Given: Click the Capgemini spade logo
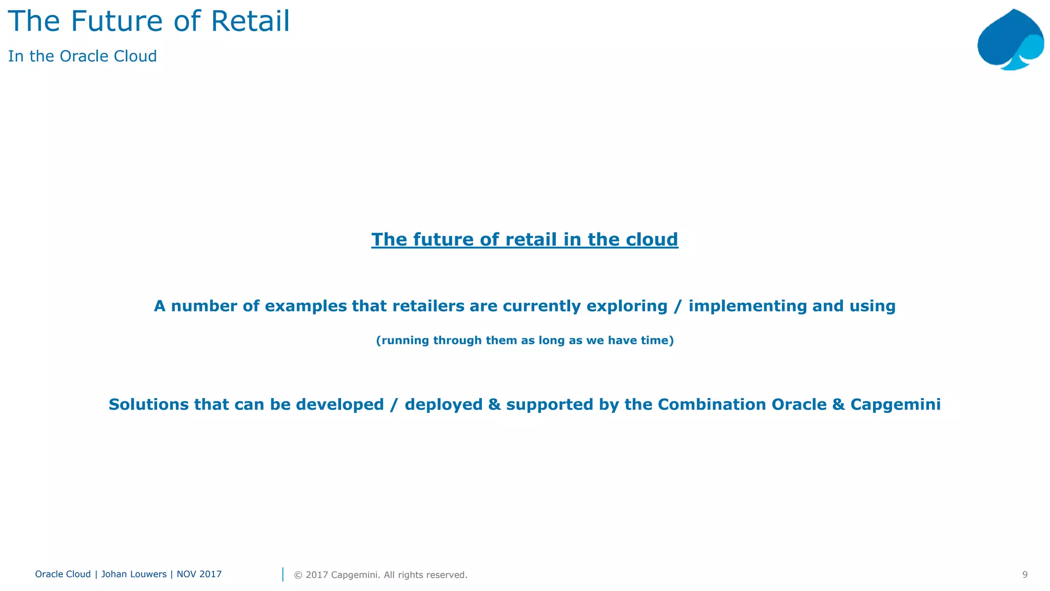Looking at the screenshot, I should tap(1009, 40).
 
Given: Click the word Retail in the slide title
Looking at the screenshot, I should tap(250, 22).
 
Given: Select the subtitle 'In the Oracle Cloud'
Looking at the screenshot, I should tap(83, 56).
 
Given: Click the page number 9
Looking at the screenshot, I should tap(1025, 575).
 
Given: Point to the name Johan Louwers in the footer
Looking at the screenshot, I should tap(134, 574).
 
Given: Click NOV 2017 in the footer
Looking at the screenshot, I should tap(199, 574).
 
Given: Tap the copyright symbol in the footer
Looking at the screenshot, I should tap(298, 575).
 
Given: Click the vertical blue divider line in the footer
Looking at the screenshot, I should tap(282, 575).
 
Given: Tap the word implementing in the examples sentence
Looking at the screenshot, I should tap(748, 306).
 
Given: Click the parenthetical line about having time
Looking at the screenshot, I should tap(524, 341).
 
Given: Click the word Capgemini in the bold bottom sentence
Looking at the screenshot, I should tap(895, 405).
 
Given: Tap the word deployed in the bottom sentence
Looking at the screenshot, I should tap(443, 405).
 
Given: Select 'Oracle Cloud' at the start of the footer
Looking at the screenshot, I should tap(63, 574).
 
